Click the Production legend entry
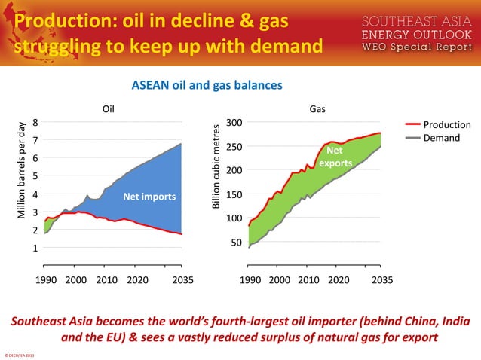pos(446,124)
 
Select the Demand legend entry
pos(440,138)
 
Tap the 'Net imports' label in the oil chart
pos(149,197)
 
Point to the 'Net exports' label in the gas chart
pos(334,157)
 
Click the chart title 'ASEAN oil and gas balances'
pos(207,85)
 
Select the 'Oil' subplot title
pos(109,108)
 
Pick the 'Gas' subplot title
pos(318,108)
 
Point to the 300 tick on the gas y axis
pos(234,123)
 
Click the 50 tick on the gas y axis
pos(237,243)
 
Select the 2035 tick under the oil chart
pos(182,279)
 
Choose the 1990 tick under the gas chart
pos(250,279)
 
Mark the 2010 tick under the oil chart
pos(106,279)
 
